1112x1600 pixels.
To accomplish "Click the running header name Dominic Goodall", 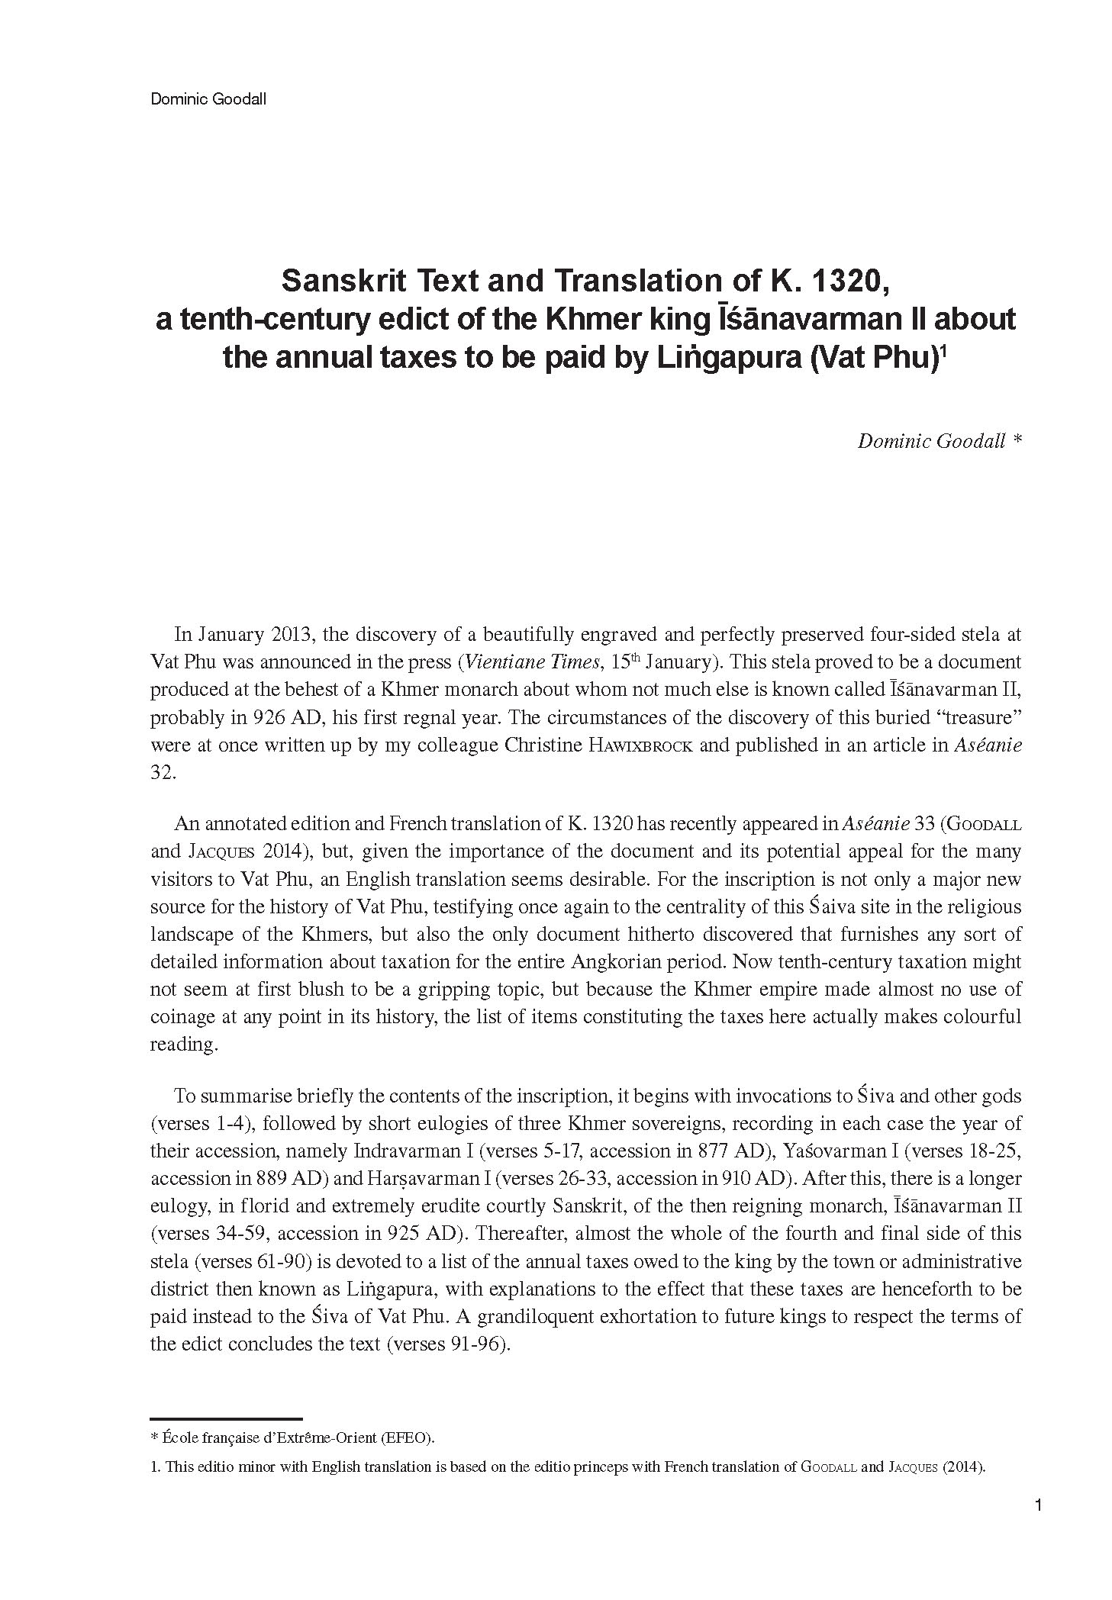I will coord(208,99).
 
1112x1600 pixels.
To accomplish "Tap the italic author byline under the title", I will coord(938,442).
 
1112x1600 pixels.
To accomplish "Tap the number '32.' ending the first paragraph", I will coord(163,773).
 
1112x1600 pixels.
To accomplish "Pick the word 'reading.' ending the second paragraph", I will coord(183,1045).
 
